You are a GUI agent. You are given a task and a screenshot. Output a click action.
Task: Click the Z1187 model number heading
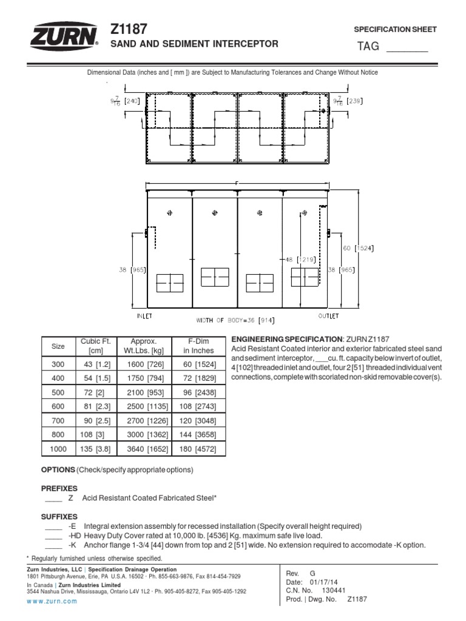coord(129,29)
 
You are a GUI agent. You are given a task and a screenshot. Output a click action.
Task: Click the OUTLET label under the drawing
coord(328,316)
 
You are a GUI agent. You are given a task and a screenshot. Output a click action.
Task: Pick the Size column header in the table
coord(58,346)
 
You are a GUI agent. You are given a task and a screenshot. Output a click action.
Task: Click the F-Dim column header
coord(198,346)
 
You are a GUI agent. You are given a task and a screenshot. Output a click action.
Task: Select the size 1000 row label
coord(58,449)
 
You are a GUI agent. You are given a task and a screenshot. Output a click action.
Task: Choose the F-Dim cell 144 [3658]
coord(198,435)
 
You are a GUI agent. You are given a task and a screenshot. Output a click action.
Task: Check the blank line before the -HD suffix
coord(53,536)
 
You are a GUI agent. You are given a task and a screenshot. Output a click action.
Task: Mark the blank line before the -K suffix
coord(53,545)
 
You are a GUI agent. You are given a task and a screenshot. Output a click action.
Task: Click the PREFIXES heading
coord(59,488)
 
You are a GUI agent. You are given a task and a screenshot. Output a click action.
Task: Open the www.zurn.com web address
coord(52,601)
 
